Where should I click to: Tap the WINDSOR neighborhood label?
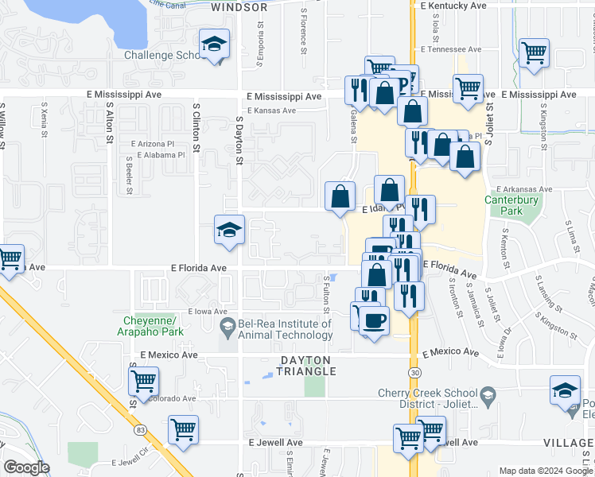(239, 7)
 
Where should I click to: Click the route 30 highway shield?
(414, 372)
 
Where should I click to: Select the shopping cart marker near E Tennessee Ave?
(535, 53)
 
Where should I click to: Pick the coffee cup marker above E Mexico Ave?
(373, 320)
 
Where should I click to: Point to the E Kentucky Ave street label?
(453, 6)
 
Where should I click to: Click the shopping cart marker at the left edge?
(10, 258)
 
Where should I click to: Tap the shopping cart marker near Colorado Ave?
(143, 381)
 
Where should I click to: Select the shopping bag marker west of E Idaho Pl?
(340, 196)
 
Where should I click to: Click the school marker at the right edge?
(565, 390)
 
